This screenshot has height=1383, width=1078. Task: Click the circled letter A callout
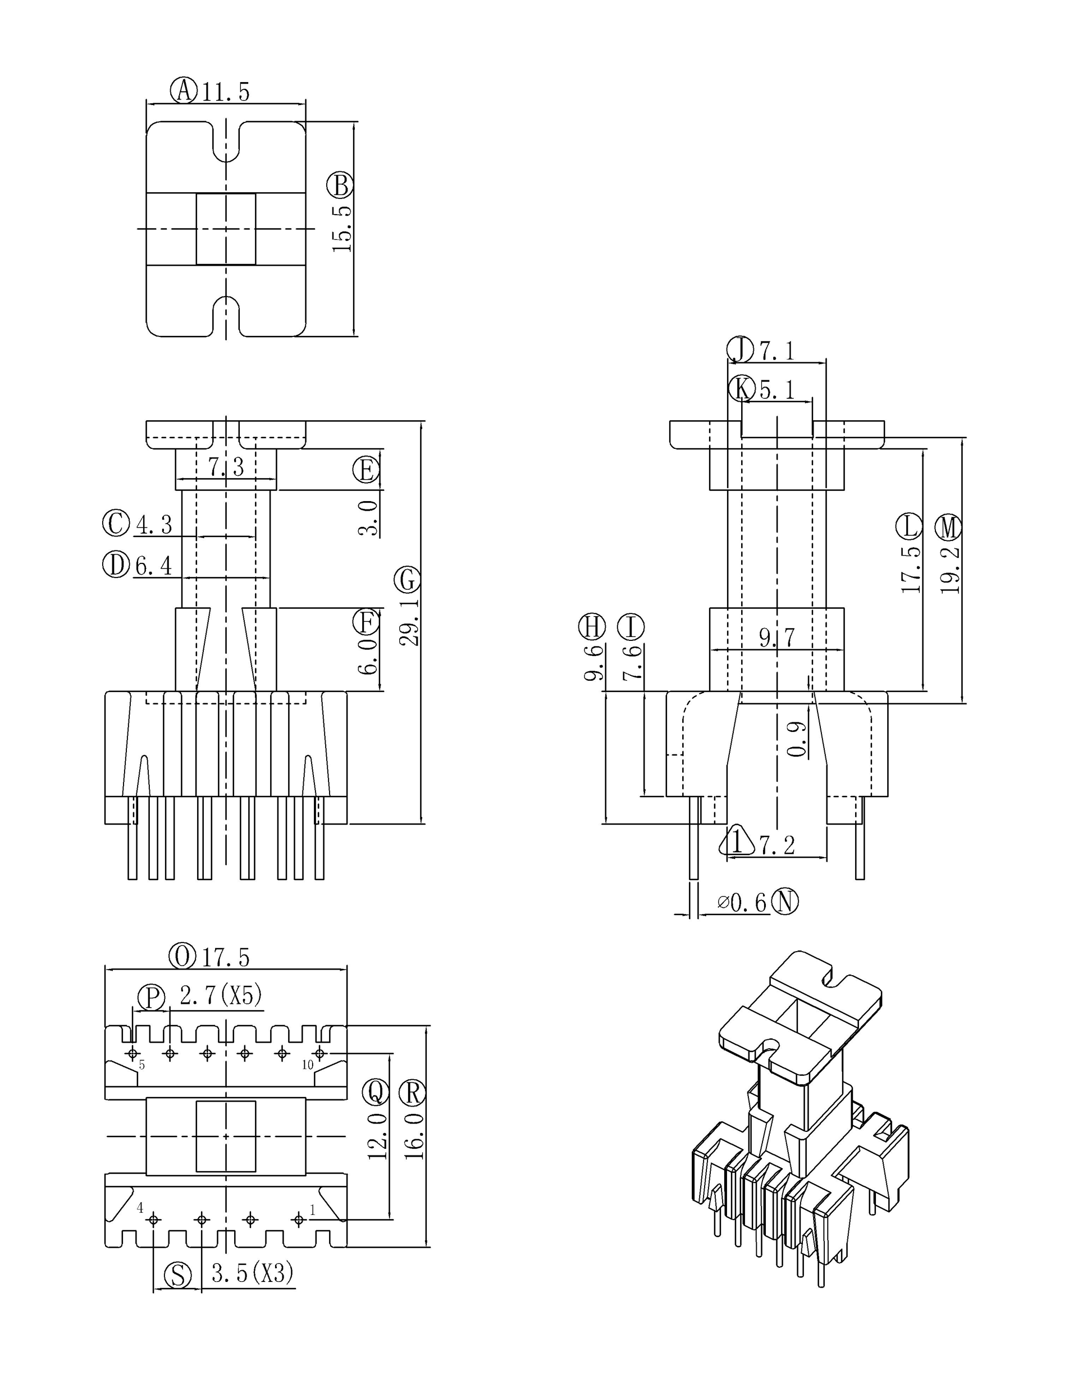pos(184,90)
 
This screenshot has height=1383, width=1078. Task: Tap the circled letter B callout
pos(340,185)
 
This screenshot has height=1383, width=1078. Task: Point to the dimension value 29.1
pos(409,622)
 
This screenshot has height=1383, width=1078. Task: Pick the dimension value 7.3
pos(226,467)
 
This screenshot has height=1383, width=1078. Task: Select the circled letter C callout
pos(116,524)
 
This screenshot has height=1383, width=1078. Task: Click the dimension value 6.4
pos(154,565)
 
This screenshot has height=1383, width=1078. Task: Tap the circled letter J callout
pos(740,349)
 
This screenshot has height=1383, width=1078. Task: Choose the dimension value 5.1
pos(777,389)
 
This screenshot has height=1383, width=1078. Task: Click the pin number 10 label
pos(307,1065)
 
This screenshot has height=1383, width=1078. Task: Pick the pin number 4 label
pos(140,1208)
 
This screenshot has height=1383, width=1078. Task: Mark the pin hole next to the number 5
pos(133,1054)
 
